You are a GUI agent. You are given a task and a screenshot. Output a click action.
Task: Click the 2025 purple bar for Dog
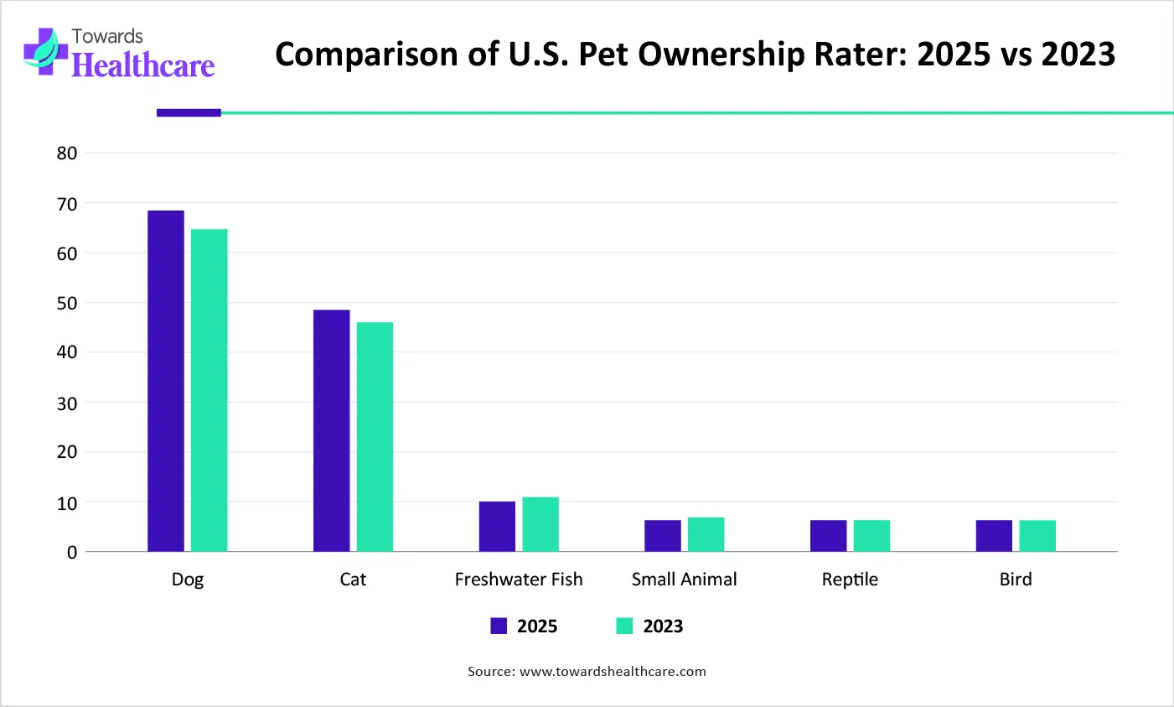166,381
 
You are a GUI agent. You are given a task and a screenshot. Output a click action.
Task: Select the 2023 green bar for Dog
209,390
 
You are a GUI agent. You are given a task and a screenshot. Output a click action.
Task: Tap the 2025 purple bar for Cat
331,430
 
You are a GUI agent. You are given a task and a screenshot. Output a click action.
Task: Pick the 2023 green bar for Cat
375,437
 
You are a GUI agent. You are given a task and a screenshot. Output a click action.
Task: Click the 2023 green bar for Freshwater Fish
540,524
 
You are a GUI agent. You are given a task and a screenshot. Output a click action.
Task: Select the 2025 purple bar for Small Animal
663,536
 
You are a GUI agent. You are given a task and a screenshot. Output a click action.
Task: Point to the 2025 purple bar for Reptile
828,536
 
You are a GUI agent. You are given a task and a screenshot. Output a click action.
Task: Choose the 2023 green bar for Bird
1037,536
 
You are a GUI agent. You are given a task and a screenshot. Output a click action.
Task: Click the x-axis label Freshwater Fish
518,580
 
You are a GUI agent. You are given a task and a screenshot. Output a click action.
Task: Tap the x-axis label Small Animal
684,580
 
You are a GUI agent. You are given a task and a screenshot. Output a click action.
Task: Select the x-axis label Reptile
850,580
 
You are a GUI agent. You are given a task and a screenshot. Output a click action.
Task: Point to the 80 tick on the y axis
67,153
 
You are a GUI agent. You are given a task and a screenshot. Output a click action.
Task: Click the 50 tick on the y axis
67,304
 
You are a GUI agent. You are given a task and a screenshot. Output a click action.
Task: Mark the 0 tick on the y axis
72,553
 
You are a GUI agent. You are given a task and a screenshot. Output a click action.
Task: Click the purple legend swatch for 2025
499,626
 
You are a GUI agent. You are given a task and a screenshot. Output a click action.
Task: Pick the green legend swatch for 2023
624,626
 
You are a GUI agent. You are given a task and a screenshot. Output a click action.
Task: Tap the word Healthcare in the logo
143,65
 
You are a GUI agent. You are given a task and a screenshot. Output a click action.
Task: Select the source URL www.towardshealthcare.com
613,672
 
